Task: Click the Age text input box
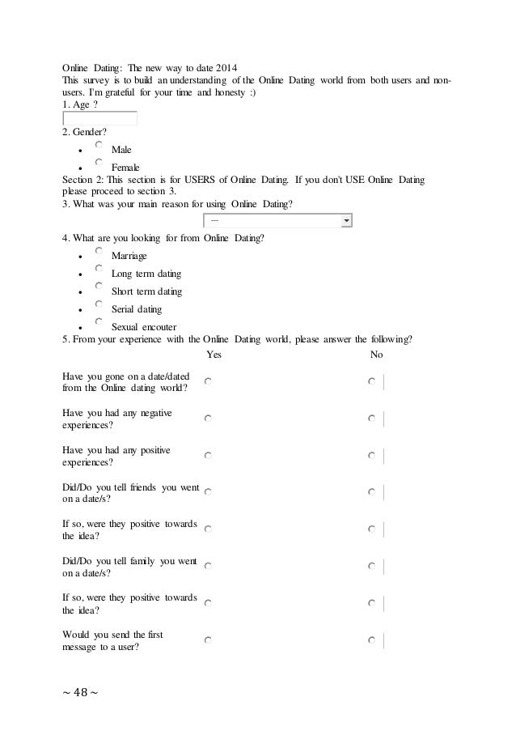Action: point(100,119)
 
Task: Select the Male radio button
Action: point(98,146)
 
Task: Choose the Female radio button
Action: point(98,163)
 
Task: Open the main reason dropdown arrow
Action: point(347,220)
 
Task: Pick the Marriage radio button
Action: point(98,252)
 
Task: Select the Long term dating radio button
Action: point(98,270)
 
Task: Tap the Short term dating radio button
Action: point(98,287)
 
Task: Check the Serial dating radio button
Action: point(98,305)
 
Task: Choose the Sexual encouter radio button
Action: point(98,322)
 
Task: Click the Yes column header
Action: point(214,355)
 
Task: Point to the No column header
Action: point(376,355)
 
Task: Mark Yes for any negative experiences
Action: point(209,419)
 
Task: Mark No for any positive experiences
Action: point(371,456)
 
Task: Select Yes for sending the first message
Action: point(209,640)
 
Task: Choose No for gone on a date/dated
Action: point(371,381)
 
